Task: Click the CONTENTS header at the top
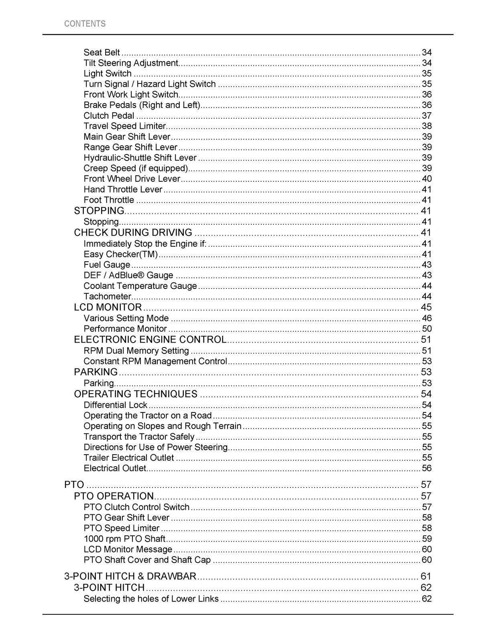click(85, 24)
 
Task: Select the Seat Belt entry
click(102, 53)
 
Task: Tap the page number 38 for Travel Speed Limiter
click(427, 126)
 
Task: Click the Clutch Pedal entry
click(109, 116)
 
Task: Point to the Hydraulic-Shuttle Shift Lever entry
click(140, 158)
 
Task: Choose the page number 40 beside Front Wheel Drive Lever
click(427, 179)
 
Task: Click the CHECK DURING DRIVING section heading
click(133, 233)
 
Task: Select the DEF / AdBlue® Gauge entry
click(128, 275)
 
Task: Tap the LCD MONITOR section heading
click(108, 307)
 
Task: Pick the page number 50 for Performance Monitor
click(427, 329)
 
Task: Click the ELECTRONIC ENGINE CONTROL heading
click(150, 339)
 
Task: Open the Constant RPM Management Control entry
click(155, 361)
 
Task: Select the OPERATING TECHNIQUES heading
click(136, 394)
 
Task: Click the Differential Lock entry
click(116, 405)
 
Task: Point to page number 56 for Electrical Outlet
click(427, 468)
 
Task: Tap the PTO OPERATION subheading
click(114, 496)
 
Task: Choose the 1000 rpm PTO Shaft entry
click(124, 539)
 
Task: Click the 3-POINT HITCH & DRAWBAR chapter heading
click(130, 577)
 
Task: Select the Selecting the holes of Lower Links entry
click(151, 599)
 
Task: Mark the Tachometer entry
click(107, 297)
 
